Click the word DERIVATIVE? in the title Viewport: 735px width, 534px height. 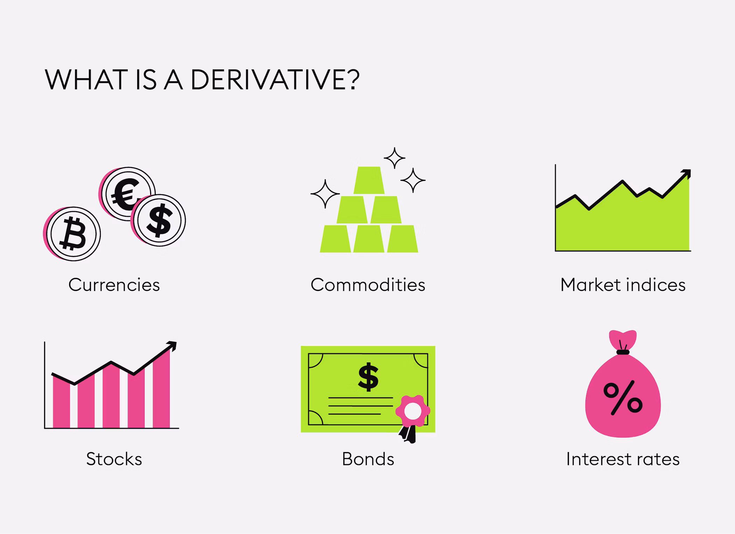[275, 80]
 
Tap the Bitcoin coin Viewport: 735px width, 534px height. [72, 234]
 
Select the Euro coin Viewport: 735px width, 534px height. [127, 194]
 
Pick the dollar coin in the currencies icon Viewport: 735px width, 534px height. [159, 220]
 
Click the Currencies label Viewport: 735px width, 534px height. [114, 284]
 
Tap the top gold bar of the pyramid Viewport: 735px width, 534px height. [369, 180]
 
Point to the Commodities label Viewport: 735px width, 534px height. [368, 284]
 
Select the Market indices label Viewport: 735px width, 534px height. [623, 284]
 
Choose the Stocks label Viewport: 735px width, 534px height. [114, 459]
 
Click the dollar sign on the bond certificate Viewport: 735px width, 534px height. [368, 377]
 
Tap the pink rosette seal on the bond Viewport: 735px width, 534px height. [413, 411]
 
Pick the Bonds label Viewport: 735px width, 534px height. [368, 459]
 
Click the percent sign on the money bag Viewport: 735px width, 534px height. [623, 398]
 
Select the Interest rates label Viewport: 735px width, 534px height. [623, 459]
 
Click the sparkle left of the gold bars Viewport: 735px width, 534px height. [325, 194]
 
